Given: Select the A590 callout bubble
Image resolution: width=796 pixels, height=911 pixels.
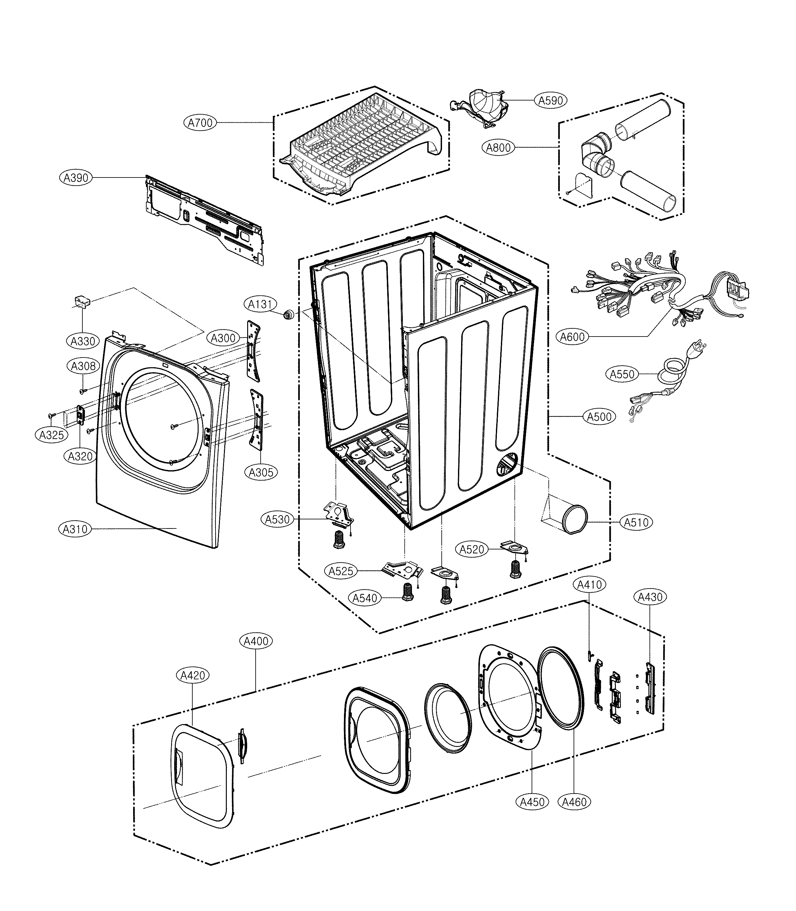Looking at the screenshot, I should [550, 100].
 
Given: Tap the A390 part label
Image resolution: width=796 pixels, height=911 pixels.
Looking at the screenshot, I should [75, 178].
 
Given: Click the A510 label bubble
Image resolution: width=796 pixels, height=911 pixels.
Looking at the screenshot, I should [636, 522].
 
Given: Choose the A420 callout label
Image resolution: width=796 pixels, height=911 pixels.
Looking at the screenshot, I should [193, 675].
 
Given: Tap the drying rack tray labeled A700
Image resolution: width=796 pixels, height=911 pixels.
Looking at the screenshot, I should [360, 147].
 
